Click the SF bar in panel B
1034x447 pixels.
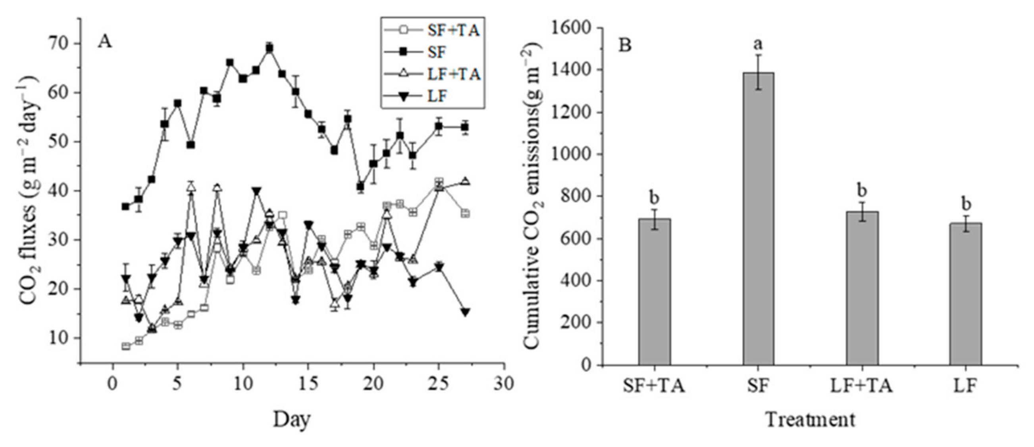[x=758, y=219]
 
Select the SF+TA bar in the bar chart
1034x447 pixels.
[x=655, y=292]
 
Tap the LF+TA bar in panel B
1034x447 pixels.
[x=862, y=288]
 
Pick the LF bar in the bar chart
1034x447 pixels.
[x=965, y=294]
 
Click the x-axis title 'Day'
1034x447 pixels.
[x=292, y=420]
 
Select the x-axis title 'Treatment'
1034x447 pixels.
[x=810, y=420]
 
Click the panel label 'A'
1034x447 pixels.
[x=104, y=42]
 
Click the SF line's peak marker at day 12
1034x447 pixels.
[x=270, y=48]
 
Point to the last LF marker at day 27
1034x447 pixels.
[x=465, y=312]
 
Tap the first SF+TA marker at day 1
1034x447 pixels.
[x=126, y=346]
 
